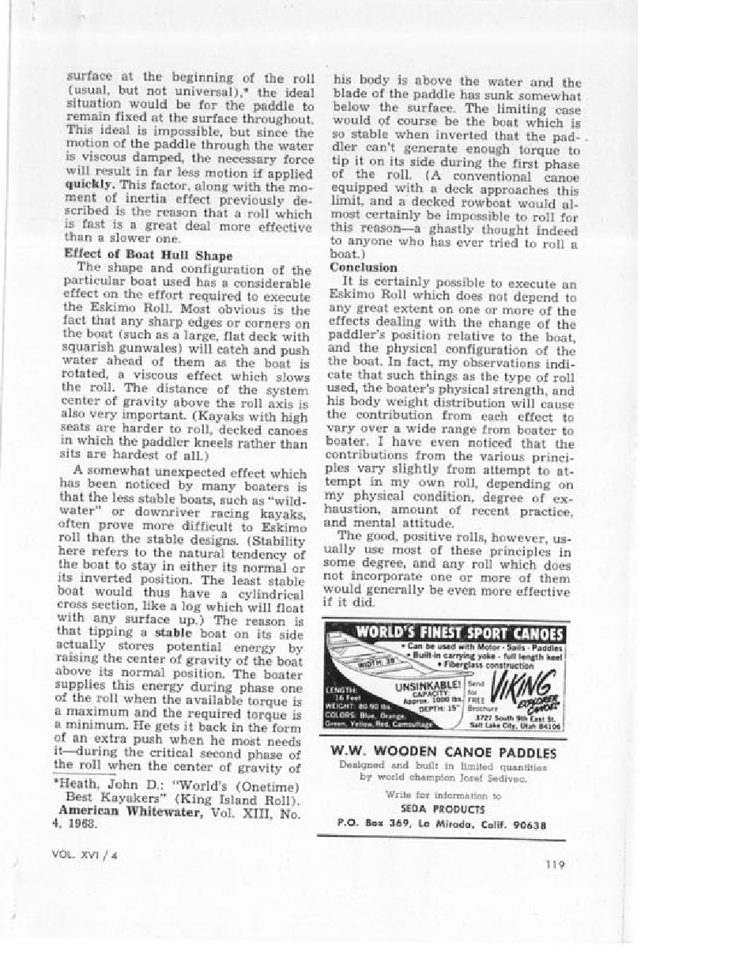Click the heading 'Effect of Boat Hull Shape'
click(148, 255)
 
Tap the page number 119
click(555, 864)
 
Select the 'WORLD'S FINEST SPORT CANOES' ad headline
click(459, 634)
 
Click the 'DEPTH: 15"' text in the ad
click(438, 706)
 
